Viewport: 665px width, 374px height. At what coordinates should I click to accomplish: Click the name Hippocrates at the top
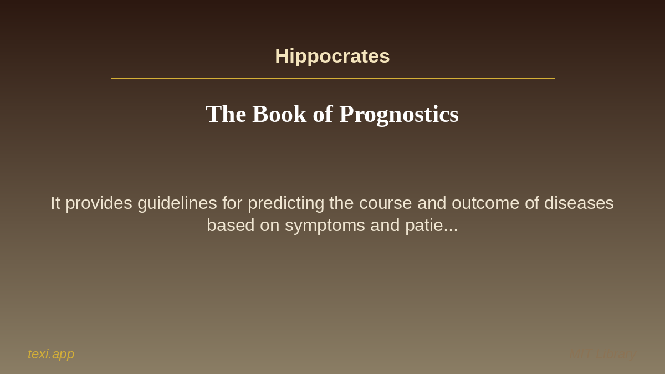[x=332, y=56]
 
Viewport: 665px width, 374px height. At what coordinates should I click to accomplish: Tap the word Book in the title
[x=279, y=114]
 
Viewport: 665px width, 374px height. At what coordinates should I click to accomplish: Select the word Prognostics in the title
[x=399, y=114]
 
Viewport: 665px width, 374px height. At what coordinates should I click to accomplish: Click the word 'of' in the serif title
[x=323, y=114]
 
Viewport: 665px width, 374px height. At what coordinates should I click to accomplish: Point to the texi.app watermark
[x=51, y=354]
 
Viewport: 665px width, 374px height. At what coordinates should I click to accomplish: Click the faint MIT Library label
[x=603, y=354]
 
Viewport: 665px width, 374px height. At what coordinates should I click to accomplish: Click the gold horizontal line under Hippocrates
[x=332, y=78]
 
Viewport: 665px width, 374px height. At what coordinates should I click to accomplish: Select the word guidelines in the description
[x=177, y=203]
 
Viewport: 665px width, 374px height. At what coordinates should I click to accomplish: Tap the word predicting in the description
[x=286, y=203]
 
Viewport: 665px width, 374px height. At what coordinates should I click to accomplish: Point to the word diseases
[x=579, y=203]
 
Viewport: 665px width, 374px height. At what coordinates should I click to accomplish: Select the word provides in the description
[x=99, y=203]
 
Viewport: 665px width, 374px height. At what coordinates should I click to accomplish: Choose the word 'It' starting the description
[x=55, y=203]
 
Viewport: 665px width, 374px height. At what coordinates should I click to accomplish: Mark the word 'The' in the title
[x=226, y=114]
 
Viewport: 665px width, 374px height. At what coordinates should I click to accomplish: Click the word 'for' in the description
[x=232, y=203]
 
